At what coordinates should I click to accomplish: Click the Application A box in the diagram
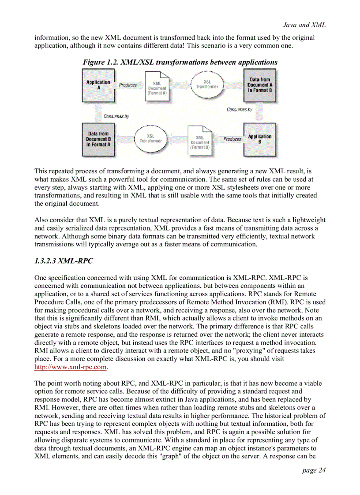[x=98, y=85]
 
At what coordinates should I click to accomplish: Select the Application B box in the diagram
[x=259, y=140]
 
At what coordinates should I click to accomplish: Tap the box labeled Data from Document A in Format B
[x=260, y=85]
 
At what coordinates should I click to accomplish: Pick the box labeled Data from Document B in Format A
[x=98, y=140]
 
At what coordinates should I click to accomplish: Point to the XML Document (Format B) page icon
[x=199, y=140]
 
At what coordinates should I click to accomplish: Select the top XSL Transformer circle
[x=207, y=84]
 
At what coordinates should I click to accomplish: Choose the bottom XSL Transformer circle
[x=150, y=138]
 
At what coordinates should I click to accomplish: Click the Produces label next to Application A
[x=128, y=85]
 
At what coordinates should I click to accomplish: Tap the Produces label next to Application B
[x=232, y=139]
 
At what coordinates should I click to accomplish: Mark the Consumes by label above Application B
[x=240, y=110]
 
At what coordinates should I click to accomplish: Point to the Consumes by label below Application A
[x=116, y=116]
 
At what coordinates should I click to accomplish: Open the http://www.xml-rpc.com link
[x=71, y=367]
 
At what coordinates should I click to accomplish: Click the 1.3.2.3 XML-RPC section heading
[x=64, y=261]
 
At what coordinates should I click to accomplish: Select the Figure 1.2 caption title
[x=180, y=62]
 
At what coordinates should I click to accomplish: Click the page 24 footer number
[x=314, y=470]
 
